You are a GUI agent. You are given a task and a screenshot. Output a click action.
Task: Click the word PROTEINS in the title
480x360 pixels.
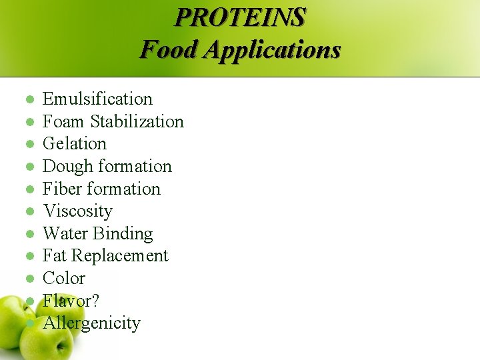[240, 17]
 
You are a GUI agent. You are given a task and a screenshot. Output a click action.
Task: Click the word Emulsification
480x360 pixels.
[97, 99]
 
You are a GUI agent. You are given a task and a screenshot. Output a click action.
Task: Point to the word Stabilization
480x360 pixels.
[137, 121]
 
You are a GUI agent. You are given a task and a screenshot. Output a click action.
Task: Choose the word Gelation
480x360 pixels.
[75, 144]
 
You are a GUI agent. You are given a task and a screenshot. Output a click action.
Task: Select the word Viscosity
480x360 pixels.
[77, 211]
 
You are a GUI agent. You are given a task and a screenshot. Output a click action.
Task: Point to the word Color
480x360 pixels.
[64, 278]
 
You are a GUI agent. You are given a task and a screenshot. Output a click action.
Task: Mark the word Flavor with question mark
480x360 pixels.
[71, 301]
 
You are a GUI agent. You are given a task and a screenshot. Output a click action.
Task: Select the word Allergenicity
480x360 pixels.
[91, 323]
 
